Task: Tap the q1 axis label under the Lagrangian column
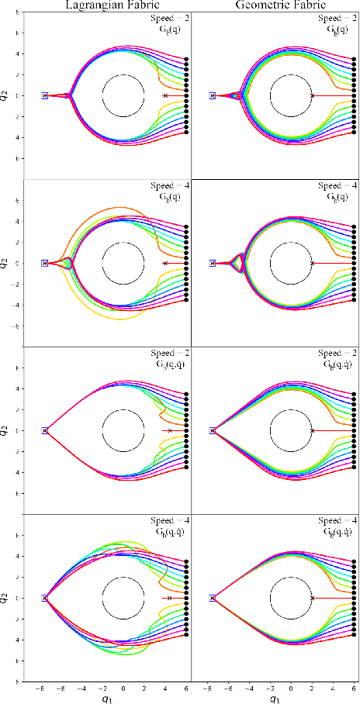pyautogui.click(x=108, y=698)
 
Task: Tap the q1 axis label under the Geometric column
pyautogui.click(x=275, y=698)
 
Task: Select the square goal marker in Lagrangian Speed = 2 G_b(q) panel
pyautogui.click(x=45, y=95)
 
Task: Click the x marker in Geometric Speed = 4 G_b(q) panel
pyautogui.click(x=312, y=263)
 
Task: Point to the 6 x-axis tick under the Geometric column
pyautogui.click(x=354, y=686)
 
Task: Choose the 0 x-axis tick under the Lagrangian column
pyautogui.click(x=123, y=686)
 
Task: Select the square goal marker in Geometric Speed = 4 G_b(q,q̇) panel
pyautogui.click(x=213, y=598)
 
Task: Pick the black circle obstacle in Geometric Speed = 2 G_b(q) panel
pyautogui.click(x=291, y=95)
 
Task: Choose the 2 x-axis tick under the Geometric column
pyautogui.click(x=312, y=686)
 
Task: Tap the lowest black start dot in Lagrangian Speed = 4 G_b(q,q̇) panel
pyautogui.click(x=186, y=634)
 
